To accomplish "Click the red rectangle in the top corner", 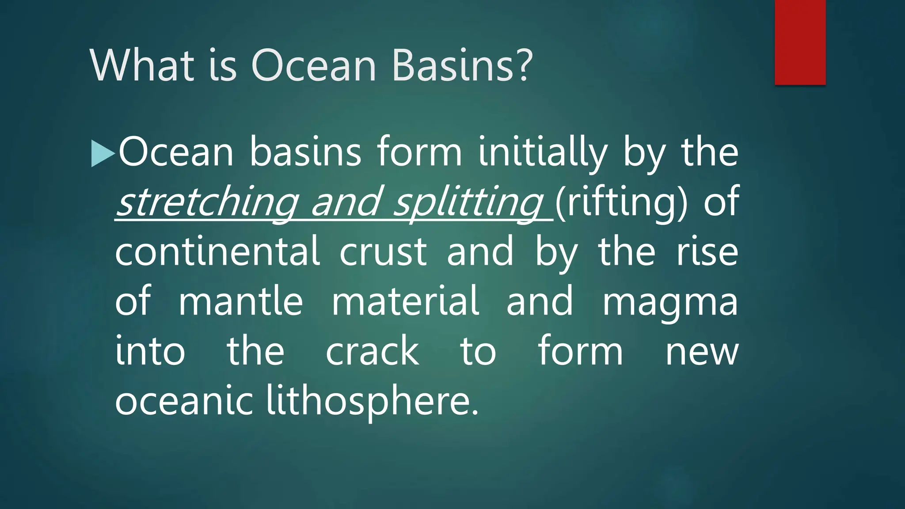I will pos(800,42).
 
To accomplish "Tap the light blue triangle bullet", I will pos(102,153).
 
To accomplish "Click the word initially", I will pos(543,152).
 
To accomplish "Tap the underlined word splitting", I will pos(468,202).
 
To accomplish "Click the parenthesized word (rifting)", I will pos(621,202).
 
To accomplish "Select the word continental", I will pos(217,252).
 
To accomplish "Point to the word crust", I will pos(383,252).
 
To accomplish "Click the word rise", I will pos(707,252).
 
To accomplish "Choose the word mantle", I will pos(240,302).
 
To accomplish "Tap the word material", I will pos(405,302).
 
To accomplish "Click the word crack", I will pos(372,352).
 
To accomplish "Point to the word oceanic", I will pos(183,401).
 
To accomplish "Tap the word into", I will pos(150,352).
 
